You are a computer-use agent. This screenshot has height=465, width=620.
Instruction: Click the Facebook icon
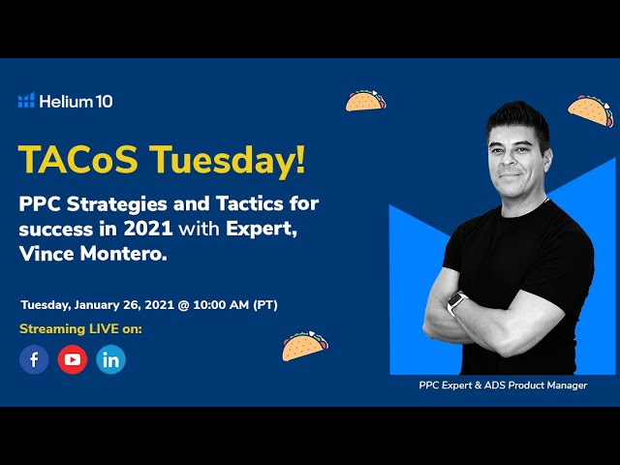click(34, 359)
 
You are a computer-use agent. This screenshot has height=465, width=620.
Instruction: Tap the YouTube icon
click(73, 359)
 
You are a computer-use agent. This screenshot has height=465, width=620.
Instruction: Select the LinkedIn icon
click(110, 359)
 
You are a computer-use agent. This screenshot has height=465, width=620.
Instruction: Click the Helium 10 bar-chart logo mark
click(26, 101)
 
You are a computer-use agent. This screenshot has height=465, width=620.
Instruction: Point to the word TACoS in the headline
click(78, 160)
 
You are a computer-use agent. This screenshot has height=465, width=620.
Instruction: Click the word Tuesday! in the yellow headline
click(229, 162)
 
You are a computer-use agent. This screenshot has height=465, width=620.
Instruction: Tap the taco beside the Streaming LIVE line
click(305, 346)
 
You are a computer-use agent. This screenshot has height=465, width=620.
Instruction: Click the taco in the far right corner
click(591, 110)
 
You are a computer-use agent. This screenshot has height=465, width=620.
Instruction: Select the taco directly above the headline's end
click(365, 101)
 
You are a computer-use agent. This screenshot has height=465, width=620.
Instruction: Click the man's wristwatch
click(456, 303)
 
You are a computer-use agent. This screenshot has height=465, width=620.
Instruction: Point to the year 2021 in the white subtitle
click(148, 229)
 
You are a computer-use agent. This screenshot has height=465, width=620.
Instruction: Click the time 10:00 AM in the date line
click(221, 305)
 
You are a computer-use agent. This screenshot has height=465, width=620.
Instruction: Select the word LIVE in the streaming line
click(104, 329)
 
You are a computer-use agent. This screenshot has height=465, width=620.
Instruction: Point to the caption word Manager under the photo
click(567, 386)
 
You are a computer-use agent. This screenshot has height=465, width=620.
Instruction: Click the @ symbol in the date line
click(184, 305)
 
